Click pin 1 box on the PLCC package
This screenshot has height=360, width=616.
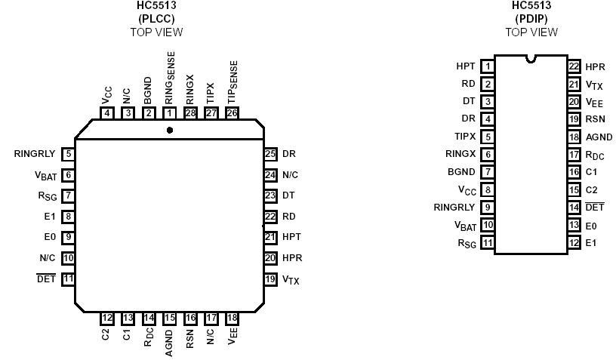point(170,113)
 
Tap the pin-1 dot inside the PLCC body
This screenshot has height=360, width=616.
point(170,130)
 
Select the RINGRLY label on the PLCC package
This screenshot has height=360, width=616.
point(35,154)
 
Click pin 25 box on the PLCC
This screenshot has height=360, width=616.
point(270,154)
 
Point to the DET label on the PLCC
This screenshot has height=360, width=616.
point(46,278)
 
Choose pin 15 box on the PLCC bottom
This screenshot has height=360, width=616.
point(170,318)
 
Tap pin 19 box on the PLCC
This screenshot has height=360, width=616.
point(270,278)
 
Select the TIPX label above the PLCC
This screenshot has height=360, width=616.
point(211,93)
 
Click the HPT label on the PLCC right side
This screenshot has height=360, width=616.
point(291,237)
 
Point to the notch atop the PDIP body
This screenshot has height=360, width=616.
point(531,57)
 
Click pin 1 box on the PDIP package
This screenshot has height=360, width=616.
point(488,66)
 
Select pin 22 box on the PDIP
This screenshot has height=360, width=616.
point(574,66)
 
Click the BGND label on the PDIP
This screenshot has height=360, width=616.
point(461,172)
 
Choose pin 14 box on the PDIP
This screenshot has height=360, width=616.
point(574,208)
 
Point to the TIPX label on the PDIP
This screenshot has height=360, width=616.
point(464,137)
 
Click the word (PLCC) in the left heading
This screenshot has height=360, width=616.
point(157,19)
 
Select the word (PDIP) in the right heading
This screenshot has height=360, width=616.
point(531,19)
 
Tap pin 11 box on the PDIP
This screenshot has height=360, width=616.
point(488,242)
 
